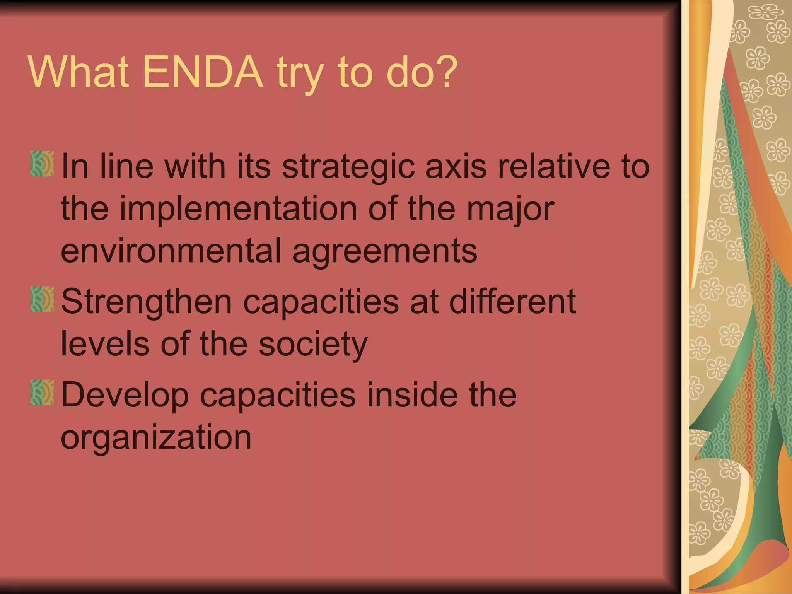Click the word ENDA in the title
pyautogui.click(x=203, y=72)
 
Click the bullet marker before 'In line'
pyautogui.click(x=42, y=164)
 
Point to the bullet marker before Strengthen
pyautogui.click(x=42, y=299)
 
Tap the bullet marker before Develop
pyautogui.click(x=42, y=393)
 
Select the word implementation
pyautogui.click(x=238, y=209)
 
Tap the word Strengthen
pyautogui.click(x=147, y=302)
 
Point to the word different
pyautogui.click(x=512, y=301)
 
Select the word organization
pyautogui.click(x=156, y=438)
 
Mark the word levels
pyautogui.click(x=105, y=344)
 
